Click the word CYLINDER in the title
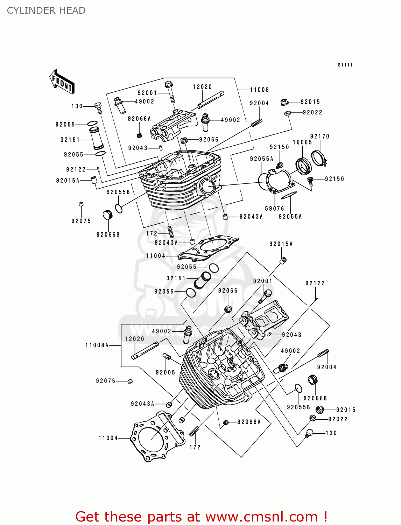(x=27, y=10)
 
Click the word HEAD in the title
(x=72, y=10)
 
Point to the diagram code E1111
(x=345, y=65)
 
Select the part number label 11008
(x=259, y=90)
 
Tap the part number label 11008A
(x=97, y=345)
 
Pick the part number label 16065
(x=302, y=142)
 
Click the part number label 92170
(x=320, y=136)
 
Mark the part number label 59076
(x=275, y=209)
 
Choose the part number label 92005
(x=166, y=372)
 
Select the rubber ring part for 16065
(x=303, y=166)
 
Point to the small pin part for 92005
(x=167, y=357)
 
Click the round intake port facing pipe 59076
(x=208, y=187)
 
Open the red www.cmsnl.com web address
(x=261, y=517)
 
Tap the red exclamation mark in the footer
(x=325, y=517)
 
